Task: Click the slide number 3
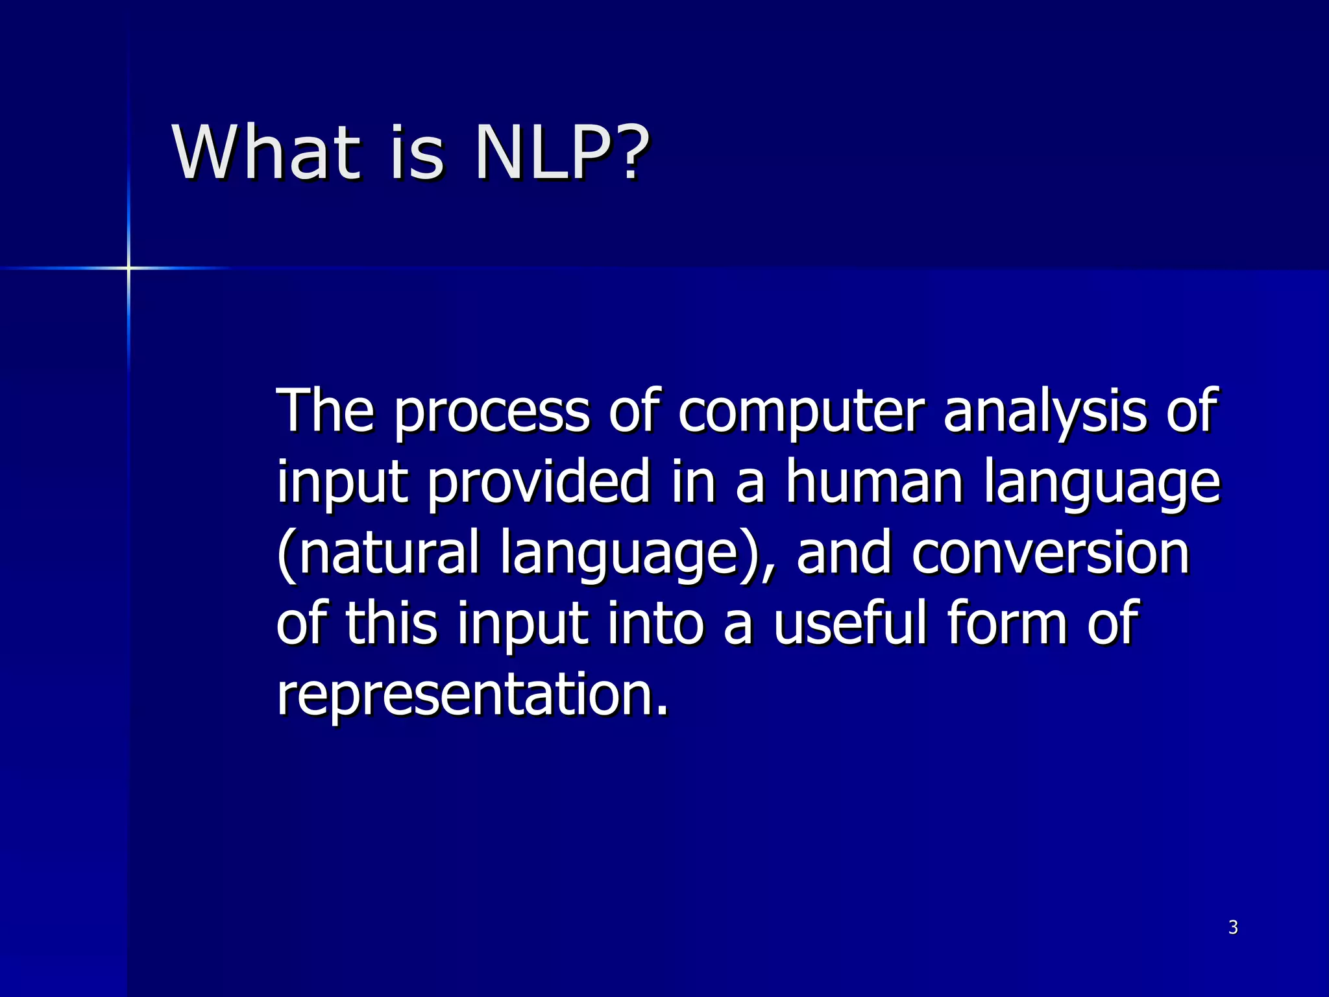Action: pyautogui.click(x=1233, y=928)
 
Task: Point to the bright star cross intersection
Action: pyautogui.click(x=128, y=267)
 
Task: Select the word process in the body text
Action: pyautogui.click(x=491, y=413)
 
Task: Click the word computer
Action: pyautogui.click(x=801, y=413)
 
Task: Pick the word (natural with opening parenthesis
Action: pyautogui.click(x=378, y=553)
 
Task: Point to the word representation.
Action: pyautogui.click(x=472, y=695)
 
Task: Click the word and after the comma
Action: pyautogui.click(x=844, y=553)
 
